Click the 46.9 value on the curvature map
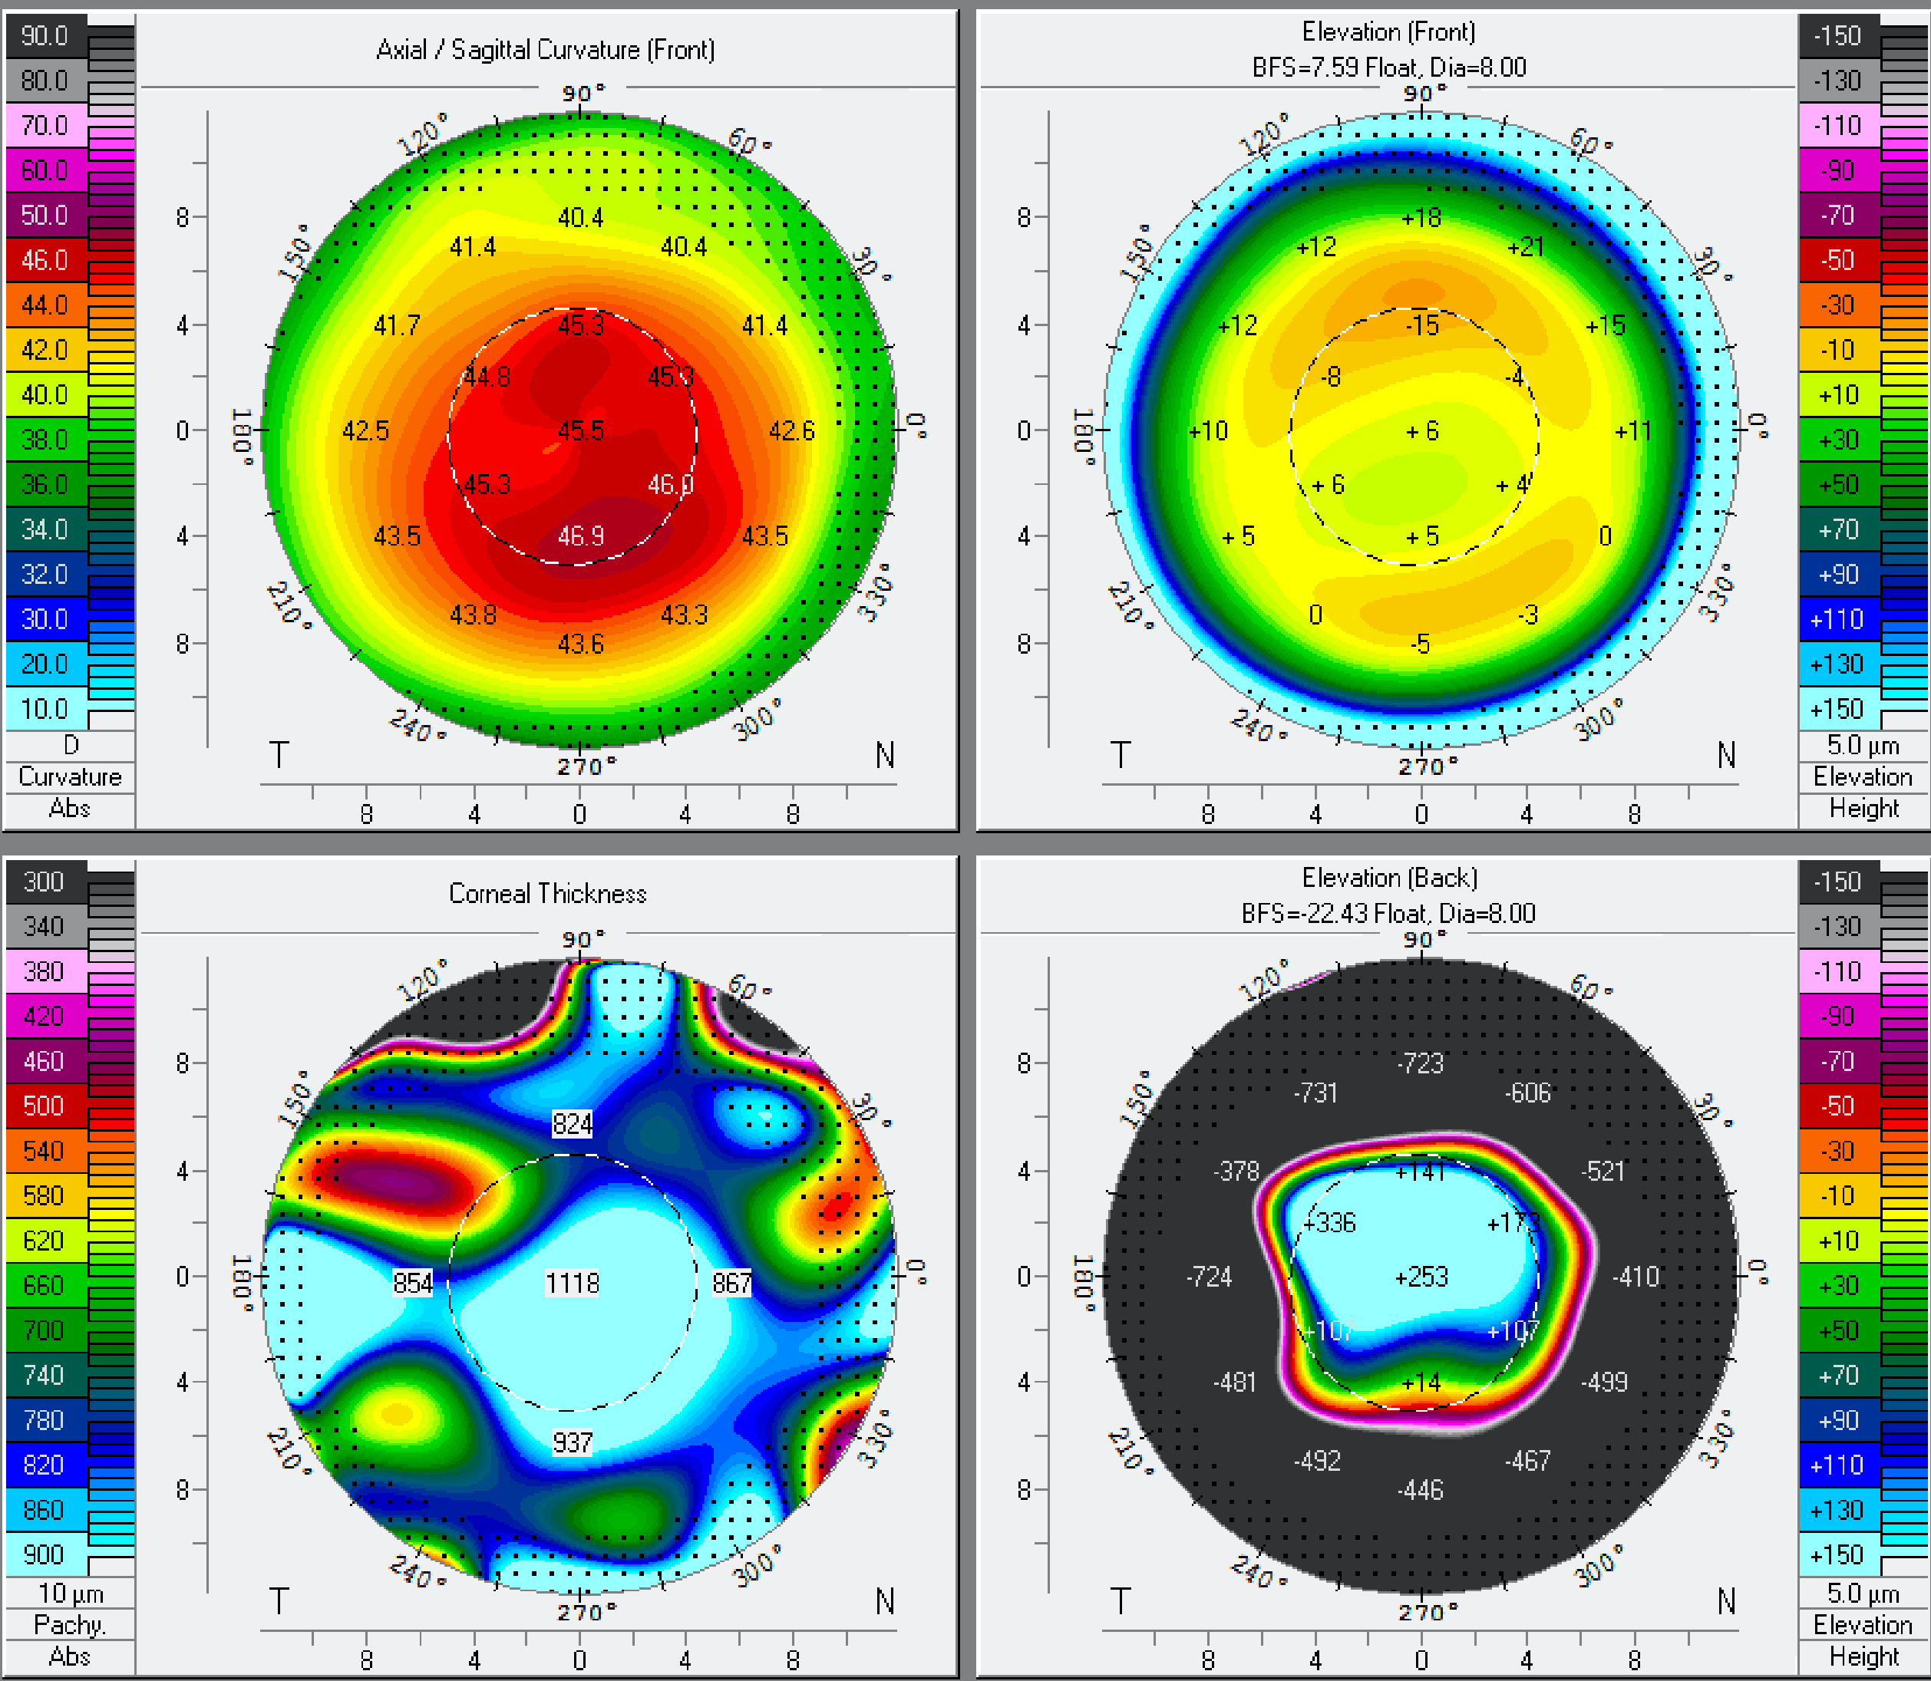point(581,536)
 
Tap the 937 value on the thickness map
point(573,1442)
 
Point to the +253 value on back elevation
point(1421,1277)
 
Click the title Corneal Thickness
point(547,893)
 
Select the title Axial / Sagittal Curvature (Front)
point(545,50)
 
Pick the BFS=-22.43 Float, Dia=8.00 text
point(1388,914)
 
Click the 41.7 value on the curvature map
point(397,325)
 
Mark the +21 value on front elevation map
point(1526,247)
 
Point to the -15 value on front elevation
point(1422,325)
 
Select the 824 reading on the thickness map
point(573,1124)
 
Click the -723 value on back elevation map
point(1421,1063)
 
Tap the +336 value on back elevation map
point(1331,1222)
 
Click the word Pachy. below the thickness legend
point(69,1625)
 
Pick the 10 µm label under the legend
point(71,1594)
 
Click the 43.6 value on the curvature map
point(581,644)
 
